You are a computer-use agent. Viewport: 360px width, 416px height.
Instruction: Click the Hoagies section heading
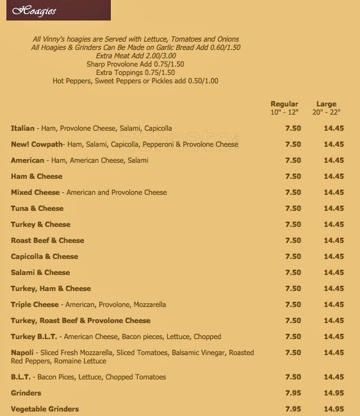coord(34,11)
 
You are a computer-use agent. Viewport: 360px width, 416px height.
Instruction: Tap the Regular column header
coord(284,104)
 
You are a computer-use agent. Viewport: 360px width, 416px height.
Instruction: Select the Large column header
coord(326,104)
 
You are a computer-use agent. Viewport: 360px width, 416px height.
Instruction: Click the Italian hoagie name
coord(22,128)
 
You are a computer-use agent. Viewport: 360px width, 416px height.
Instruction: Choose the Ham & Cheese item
coord(37,176)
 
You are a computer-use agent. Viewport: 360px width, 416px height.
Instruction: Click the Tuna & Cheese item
coord(37,208)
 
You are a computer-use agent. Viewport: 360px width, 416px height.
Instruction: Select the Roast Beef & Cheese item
coord(47,240)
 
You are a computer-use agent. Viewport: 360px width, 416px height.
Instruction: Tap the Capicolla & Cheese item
coord(44,256)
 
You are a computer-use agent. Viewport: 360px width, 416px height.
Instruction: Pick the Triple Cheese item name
coord(35,304)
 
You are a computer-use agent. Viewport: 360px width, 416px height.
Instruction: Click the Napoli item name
coord(22,353)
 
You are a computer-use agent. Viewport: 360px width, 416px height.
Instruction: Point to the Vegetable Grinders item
coord(45,409)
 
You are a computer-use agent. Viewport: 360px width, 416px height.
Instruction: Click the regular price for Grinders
coord(293,393)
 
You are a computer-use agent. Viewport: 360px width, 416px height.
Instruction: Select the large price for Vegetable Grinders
coord(334,409)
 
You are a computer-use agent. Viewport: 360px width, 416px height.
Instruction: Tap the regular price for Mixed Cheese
coord(293,192)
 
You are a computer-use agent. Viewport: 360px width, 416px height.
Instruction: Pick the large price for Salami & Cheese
coord(334,272)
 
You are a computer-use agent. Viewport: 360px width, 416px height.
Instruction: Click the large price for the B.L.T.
coord(334,377)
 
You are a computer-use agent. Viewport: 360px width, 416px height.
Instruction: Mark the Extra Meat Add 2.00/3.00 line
coord(135,56)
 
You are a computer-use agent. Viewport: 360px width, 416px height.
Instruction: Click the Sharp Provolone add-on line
coord(135,64)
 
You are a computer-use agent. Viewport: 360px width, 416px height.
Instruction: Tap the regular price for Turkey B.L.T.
coord(293,337)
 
